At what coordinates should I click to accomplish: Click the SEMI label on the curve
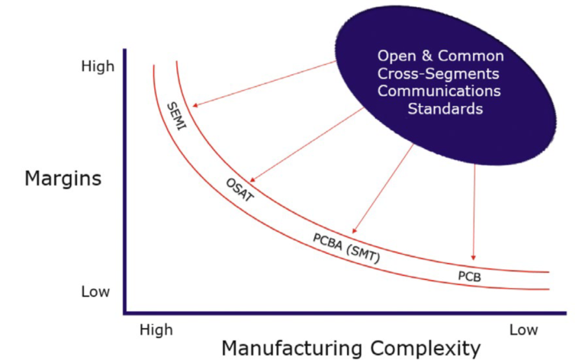coord(176,115)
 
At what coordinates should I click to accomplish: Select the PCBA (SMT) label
coord(346,247)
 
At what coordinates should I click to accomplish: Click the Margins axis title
coord(63,179)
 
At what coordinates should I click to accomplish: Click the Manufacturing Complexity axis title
coord(351,348)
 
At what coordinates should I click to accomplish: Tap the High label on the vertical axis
coord(98,66)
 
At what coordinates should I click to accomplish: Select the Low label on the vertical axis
coord(95,292)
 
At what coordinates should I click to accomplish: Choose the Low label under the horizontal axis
coord(523,329)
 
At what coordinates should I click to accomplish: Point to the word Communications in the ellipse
coord(439,92)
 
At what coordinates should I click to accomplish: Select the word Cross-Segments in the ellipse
coord(439,74)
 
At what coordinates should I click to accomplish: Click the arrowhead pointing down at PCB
coord(474,259)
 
